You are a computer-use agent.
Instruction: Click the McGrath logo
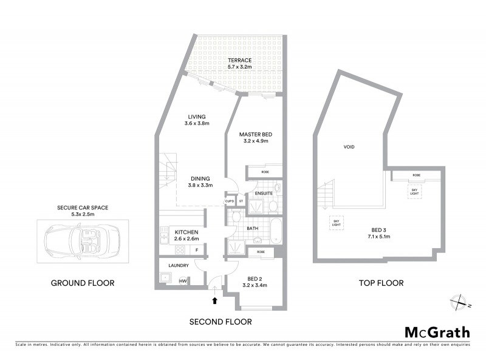pos(437,332)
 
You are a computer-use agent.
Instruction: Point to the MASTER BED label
pos(254,134)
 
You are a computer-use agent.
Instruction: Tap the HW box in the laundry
pos(183,281)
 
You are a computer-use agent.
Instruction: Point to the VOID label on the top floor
pos(349,147)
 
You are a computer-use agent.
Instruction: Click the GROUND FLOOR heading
pos(83,283)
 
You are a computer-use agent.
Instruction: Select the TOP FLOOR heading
pos(381,283)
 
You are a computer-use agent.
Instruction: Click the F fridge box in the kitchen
pos(196,249)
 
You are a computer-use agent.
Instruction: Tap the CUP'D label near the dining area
pos(230,201)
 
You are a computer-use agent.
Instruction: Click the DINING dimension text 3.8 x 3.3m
pos(200,185)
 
